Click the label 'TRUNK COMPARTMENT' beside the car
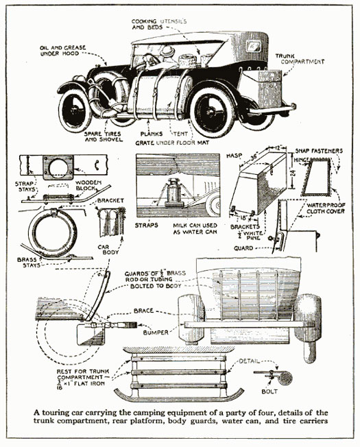click(300, 59)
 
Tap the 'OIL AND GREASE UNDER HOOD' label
click(62, 51)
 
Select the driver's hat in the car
click(167, 51)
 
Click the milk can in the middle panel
click(173, 192)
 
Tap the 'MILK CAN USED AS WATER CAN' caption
click(195, 228)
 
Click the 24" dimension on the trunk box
click(294, 172)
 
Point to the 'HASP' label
click(234, 156)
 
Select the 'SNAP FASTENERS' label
click(319, 151)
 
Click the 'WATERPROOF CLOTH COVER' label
click(326, 208)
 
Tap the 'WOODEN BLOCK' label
click(88, 185)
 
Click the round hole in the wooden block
click(58, 167)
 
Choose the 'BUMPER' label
click(156, 333)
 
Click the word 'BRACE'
click(144, 311)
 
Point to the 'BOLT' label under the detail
click(269, 391)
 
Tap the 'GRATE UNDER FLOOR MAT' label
click(172, 143)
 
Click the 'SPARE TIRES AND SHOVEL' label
click(104, 136)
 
